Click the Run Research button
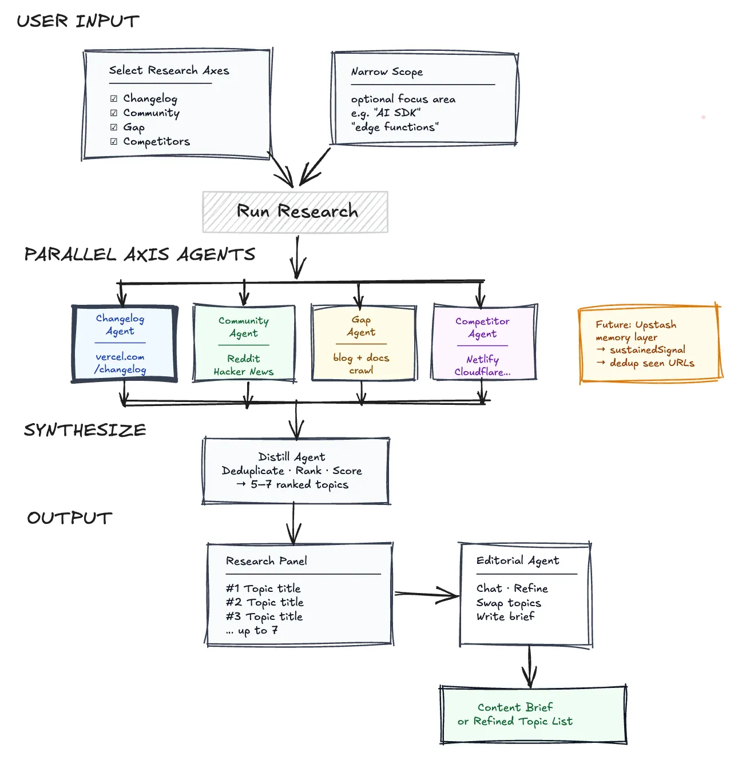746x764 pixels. click(295, 212)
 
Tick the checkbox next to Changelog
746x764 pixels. click(113, 98)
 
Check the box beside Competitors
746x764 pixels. click(113, 142)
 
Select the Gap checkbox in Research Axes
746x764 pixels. click(113, 127)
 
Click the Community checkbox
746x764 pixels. click(113, 113)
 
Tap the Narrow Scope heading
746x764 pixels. click(387, 72)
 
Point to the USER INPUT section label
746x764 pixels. click(78, 21)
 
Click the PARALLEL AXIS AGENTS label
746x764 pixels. click(140, 254)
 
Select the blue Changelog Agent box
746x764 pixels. click(124, 344)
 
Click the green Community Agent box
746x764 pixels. click(244, 343)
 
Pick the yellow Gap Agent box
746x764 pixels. click(364, 343)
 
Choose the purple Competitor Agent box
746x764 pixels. click(485, 342)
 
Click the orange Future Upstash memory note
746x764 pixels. click(650, 344)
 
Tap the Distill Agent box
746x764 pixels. click(296, 471)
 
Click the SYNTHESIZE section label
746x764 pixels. click(85, 430)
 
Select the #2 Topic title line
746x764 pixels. click(265, 602)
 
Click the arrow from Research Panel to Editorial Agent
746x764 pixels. click(427, 594)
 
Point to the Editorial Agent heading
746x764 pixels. click(518, 560)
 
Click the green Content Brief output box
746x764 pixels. click(533, 714)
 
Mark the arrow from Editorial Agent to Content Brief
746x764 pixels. click(530, 666)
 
